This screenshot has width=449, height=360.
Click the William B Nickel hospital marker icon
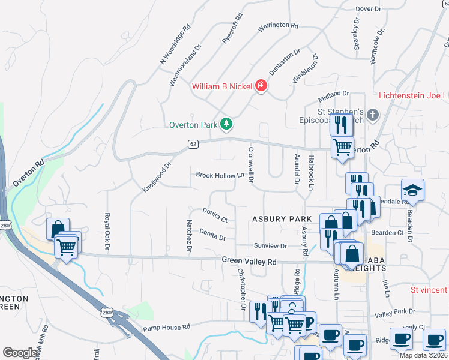[261, 86]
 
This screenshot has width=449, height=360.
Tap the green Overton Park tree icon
[226, 124]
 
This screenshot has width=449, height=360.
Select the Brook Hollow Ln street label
[221, 175]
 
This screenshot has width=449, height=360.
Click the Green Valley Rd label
[249, 262]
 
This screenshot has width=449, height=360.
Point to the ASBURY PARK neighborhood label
[282, 219]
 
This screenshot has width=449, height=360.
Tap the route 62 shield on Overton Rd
[193, 144]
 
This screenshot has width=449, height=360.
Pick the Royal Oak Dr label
[107, 230]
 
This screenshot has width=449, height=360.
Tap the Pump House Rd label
[166, 328]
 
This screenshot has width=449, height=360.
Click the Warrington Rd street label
[277, 26]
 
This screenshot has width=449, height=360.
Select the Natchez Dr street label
[188, 235]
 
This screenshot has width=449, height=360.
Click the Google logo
[20, 353]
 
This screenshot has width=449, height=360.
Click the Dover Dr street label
[369, 9]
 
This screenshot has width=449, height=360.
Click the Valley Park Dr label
[394, 311]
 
